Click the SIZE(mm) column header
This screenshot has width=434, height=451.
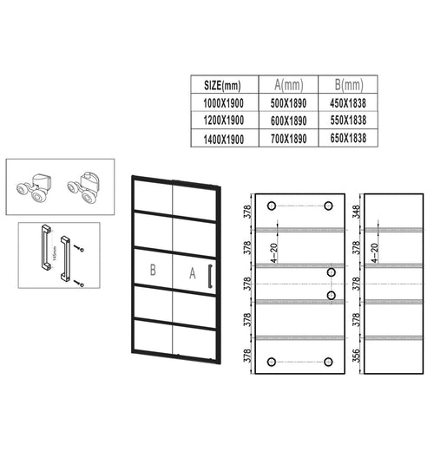click(x=222, y=85)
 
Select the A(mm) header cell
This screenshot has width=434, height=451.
click(x=288, y=85)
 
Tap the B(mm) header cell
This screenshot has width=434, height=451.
click(x=349, y=85)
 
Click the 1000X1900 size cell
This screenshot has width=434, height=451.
click(x=223, y=103)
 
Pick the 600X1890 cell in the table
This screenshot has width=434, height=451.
click(x=288, y=121)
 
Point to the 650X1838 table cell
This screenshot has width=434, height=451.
click(x=348, y=138)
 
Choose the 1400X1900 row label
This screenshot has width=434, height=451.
click(x=224, y=140)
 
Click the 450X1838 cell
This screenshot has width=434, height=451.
click(x=348, y=103)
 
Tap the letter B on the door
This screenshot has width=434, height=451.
click(x=153, y=270)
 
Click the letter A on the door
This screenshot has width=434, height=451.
click(x=193, y=273)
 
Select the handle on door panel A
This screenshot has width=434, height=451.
click(x=210, y=276)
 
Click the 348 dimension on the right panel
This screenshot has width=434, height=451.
click(x=357, y=212)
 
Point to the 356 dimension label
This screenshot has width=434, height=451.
click(x=357, y=356)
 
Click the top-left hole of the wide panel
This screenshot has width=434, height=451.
click(x=272, y=206)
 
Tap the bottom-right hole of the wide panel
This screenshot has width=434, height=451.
click(x=328, y=362)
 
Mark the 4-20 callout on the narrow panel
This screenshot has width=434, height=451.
click(x=375, y=253)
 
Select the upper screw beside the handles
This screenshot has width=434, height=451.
click(x=79, y=248)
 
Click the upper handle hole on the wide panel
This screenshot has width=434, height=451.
click(x=332, y=272)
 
